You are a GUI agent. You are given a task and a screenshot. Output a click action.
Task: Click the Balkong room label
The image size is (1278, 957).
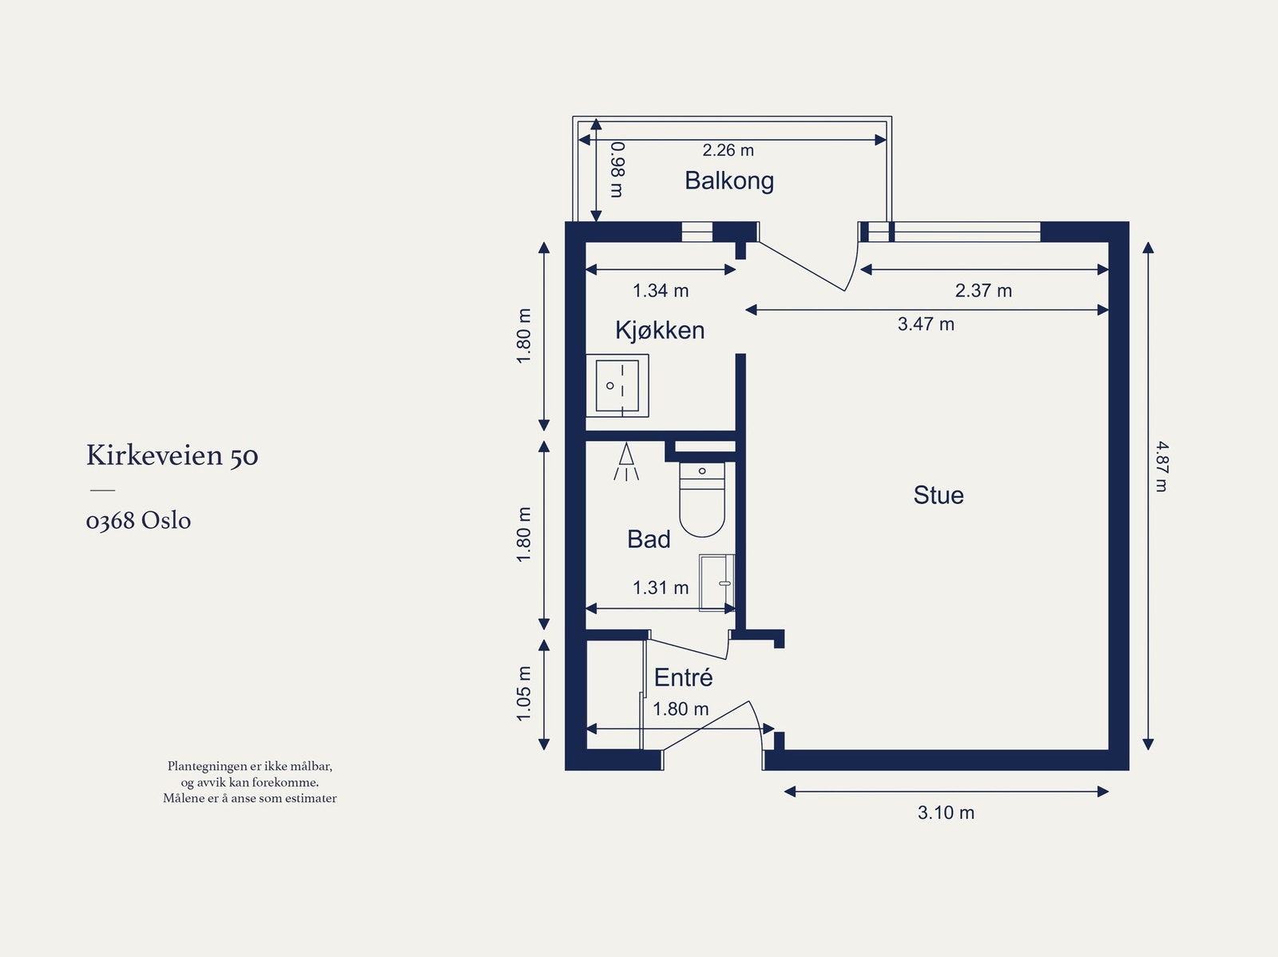point(729,181)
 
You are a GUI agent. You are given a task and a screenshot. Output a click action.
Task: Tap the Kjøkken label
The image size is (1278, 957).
point(660,330)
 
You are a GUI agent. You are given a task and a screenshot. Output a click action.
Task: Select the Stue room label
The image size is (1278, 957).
point(938,494)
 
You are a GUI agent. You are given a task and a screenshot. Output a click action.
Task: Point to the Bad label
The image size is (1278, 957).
point(649,539)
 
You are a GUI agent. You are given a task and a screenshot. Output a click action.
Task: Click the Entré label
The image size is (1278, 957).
point(683,677)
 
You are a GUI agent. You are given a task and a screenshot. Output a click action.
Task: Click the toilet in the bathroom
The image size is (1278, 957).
point(702,499)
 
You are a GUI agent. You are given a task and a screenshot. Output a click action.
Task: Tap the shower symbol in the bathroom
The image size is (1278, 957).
point(626,462)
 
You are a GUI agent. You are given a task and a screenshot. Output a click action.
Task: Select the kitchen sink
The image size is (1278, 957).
point(617,385)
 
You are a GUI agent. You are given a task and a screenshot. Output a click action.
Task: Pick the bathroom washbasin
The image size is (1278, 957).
point(716,582)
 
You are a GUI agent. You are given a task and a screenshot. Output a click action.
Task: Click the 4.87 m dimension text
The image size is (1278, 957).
point(1161,467)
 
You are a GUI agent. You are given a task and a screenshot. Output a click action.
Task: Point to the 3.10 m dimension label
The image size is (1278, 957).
point(946,812)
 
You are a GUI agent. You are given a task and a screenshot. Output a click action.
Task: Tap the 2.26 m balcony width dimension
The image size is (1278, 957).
point(728,150)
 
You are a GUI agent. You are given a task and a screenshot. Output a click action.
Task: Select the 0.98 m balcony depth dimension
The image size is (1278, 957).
point(617,169)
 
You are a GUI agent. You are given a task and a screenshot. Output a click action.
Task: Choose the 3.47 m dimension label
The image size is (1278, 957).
point(926,324)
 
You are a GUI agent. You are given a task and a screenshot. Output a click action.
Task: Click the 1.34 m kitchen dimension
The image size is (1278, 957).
point(661,290)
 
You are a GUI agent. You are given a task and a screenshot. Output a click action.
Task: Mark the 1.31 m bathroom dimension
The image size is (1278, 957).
point(661,587)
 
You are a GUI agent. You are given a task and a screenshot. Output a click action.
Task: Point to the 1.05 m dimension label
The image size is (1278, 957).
point(524,694)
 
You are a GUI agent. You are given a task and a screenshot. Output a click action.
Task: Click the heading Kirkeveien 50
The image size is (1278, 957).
point(173,455)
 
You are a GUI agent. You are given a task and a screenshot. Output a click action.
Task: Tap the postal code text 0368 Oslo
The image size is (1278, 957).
point(138,520)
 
